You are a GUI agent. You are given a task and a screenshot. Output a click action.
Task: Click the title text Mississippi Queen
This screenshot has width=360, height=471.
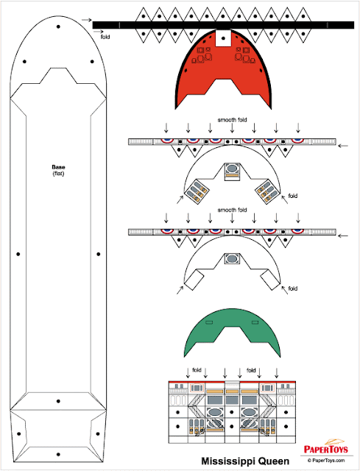click(x=245, y=461)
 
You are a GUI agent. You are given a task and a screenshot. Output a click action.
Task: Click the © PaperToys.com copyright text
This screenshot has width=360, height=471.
click(x=326, y=460)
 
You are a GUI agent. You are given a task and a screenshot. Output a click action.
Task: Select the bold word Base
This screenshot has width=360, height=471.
click(x=58, y=167)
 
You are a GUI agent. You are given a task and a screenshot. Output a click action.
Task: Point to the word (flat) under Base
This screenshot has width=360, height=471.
click(x=58, y=174)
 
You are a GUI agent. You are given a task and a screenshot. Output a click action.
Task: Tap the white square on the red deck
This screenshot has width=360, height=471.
click(x=223, y=38)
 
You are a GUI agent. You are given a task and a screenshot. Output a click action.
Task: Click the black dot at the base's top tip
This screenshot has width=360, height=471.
click(x=58, y=26)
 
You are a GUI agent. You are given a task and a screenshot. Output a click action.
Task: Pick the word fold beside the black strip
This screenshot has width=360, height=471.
click(x=105, y=37)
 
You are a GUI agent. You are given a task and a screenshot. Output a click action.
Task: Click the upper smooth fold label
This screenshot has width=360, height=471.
click(x=232, y=119)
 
